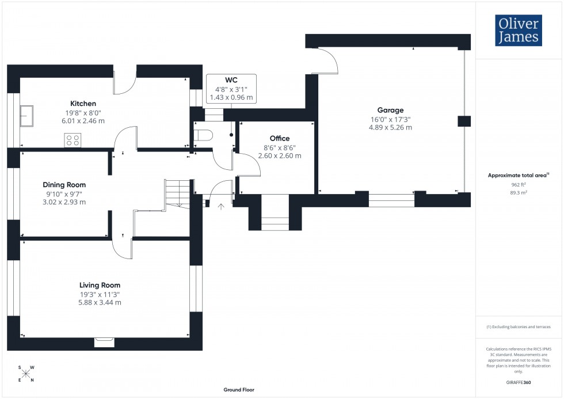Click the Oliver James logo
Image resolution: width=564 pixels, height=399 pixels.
click(x=519, y=31)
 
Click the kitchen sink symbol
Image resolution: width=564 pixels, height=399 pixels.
click(x=26, y=116)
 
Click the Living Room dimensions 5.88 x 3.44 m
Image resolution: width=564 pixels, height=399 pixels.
click(x=100, y=302)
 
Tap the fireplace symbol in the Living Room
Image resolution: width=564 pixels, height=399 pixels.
click(x=104, y=343)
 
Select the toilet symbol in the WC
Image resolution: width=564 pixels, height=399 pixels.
click(x=203, y=135)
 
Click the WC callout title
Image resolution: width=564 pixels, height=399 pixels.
click(x=231, y=79)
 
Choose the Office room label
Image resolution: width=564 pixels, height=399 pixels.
click(x=279, y=138)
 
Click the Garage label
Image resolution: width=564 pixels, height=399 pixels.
click(x=390, y=110)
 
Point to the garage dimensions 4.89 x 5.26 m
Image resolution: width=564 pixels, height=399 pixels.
click(x=390, y=128)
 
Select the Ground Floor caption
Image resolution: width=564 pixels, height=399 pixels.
click(x=239, y=390)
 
